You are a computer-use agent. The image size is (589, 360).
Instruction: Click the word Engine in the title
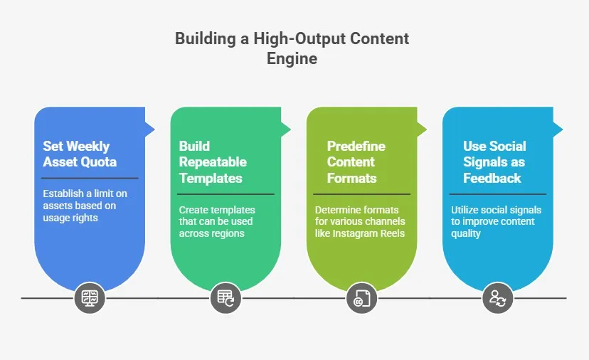292,58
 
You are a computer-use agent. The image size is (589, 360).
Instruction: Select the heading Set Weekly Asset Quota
76,154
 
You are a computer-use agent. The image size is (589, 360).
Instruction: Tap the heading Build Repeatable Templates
211,162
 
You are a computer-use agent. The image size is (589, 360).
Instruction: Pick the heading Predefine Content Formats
356,162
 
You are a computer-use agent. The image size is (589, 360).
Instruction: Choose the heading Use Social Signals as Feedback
494,162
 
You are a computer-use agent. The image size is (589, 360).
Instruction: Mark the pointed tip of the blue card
153,129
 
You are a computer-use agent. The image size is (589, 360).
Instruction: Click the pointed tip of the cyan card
561,129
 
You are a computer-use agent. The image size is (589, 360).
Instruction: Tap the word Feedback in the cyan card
492,178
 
